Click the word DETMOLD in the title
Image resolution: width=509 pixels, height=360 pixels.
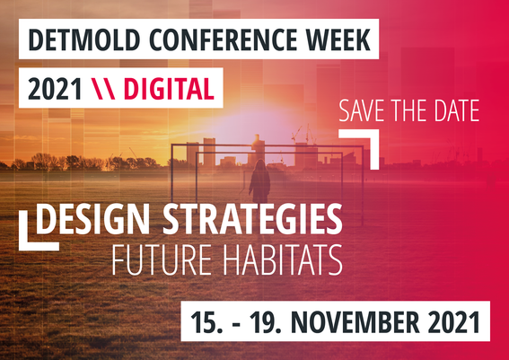pos(84,40)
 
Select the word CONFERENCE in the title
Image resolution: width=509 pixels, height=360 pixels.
pos(223,40)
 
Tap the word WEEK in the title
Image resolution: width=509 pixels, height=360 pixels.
pos(338,40)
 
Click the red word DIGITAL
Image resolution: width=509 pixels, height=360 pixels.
pos(169,89)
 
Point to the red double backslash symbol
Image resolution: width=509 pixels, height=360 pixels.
pos(103,89)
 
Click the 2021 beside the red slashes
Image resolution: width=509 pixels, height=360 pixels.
pos(55,89)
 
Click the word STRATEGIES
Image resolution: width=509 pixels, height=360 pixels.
pos(252,219)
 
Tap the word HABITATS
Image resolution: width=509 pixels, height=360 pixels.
pos(283,260)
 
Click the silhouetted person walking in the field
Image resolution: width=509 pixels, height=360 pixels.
pos(259,181)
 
